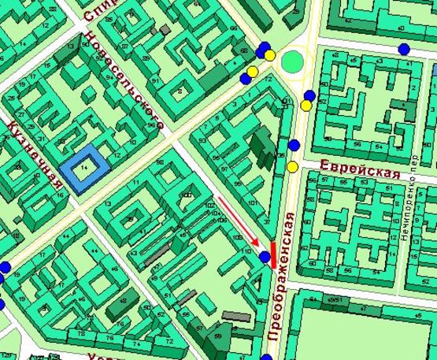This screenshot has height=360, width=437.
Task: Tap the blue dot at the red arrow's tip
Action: pos(265,257)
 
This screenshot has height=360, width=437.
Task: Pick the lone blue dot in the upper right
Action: pos(404,49)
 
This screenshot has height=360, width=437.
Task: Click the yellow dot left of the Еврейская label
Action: pos(292,166)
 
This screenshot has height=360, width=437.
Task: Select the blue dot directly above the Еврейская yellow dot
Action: pos(294,145)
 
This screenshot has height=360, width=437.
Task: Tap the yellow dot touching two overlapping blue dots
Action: pos(270,55)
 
